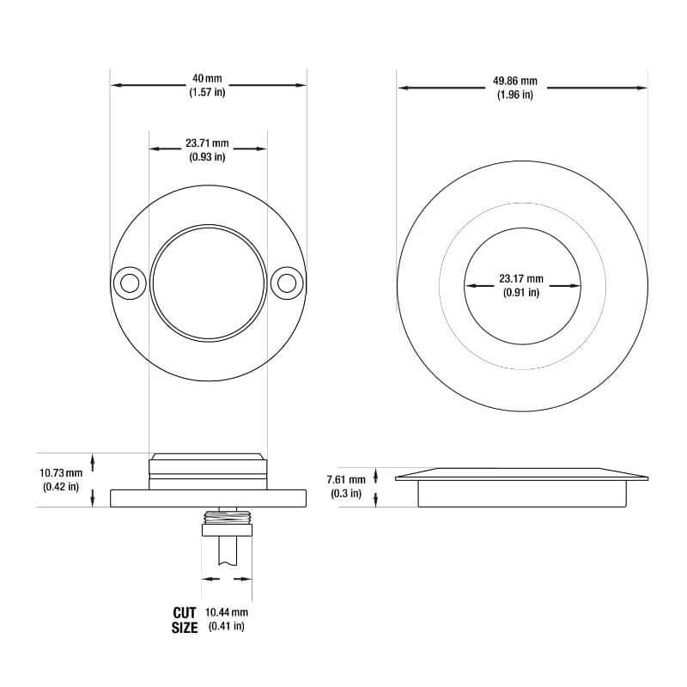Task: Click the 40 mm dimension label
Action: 207,79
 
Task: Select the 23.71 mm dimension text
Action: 207,143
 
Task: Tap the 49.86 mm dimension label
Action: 514,81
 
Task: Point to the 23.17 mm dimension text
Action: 521,279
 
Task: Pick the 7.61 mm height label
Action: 346,479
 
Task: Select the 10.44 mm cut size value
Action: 227,612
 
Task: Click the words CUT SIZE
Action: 185,620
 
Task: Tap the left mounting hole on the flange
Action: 130,282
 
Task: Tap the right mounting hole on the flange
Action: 286,282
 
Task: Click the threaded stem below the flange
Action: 227,517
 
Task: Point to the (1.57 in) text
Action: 207,93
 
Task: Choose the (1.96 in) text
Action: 514,94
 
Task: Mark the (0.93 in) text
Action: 207,156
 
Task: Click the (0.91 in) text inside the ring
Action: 521,293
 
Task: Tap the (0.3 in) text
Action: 346,493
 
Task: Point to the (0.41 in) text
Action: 227,626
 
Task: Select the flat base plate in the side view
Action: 209,498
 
